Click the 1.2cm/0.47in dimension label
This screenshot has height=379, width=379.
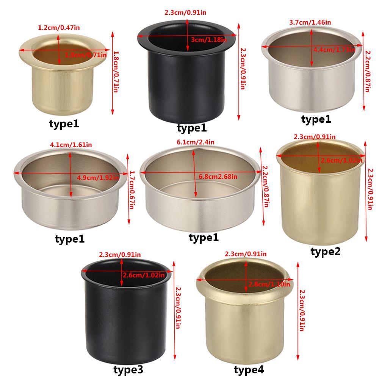click(59, 27)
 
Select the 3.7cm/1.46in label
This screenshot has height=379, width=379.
click(310, 22)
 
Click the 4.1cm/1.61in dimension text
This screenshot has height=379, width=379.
click(71, 144)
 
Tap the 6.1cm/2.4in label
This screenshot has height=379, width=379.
click(196, 142)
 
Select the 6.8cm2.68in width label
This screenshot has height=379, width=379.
click(218, 176)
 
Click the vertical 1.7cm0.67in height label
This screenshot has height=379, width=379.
click(132, 189)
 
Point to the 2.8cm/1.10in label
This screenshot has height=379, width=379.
click(269, 284)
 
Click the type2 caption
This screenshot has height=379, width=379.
click(326, 251)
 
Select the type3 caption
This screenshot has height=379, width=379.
click(128, 369)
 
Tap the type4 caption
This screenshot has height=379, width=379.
click(249, 369)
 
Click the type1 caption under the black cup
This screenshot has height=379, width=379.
click(192, 128)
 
